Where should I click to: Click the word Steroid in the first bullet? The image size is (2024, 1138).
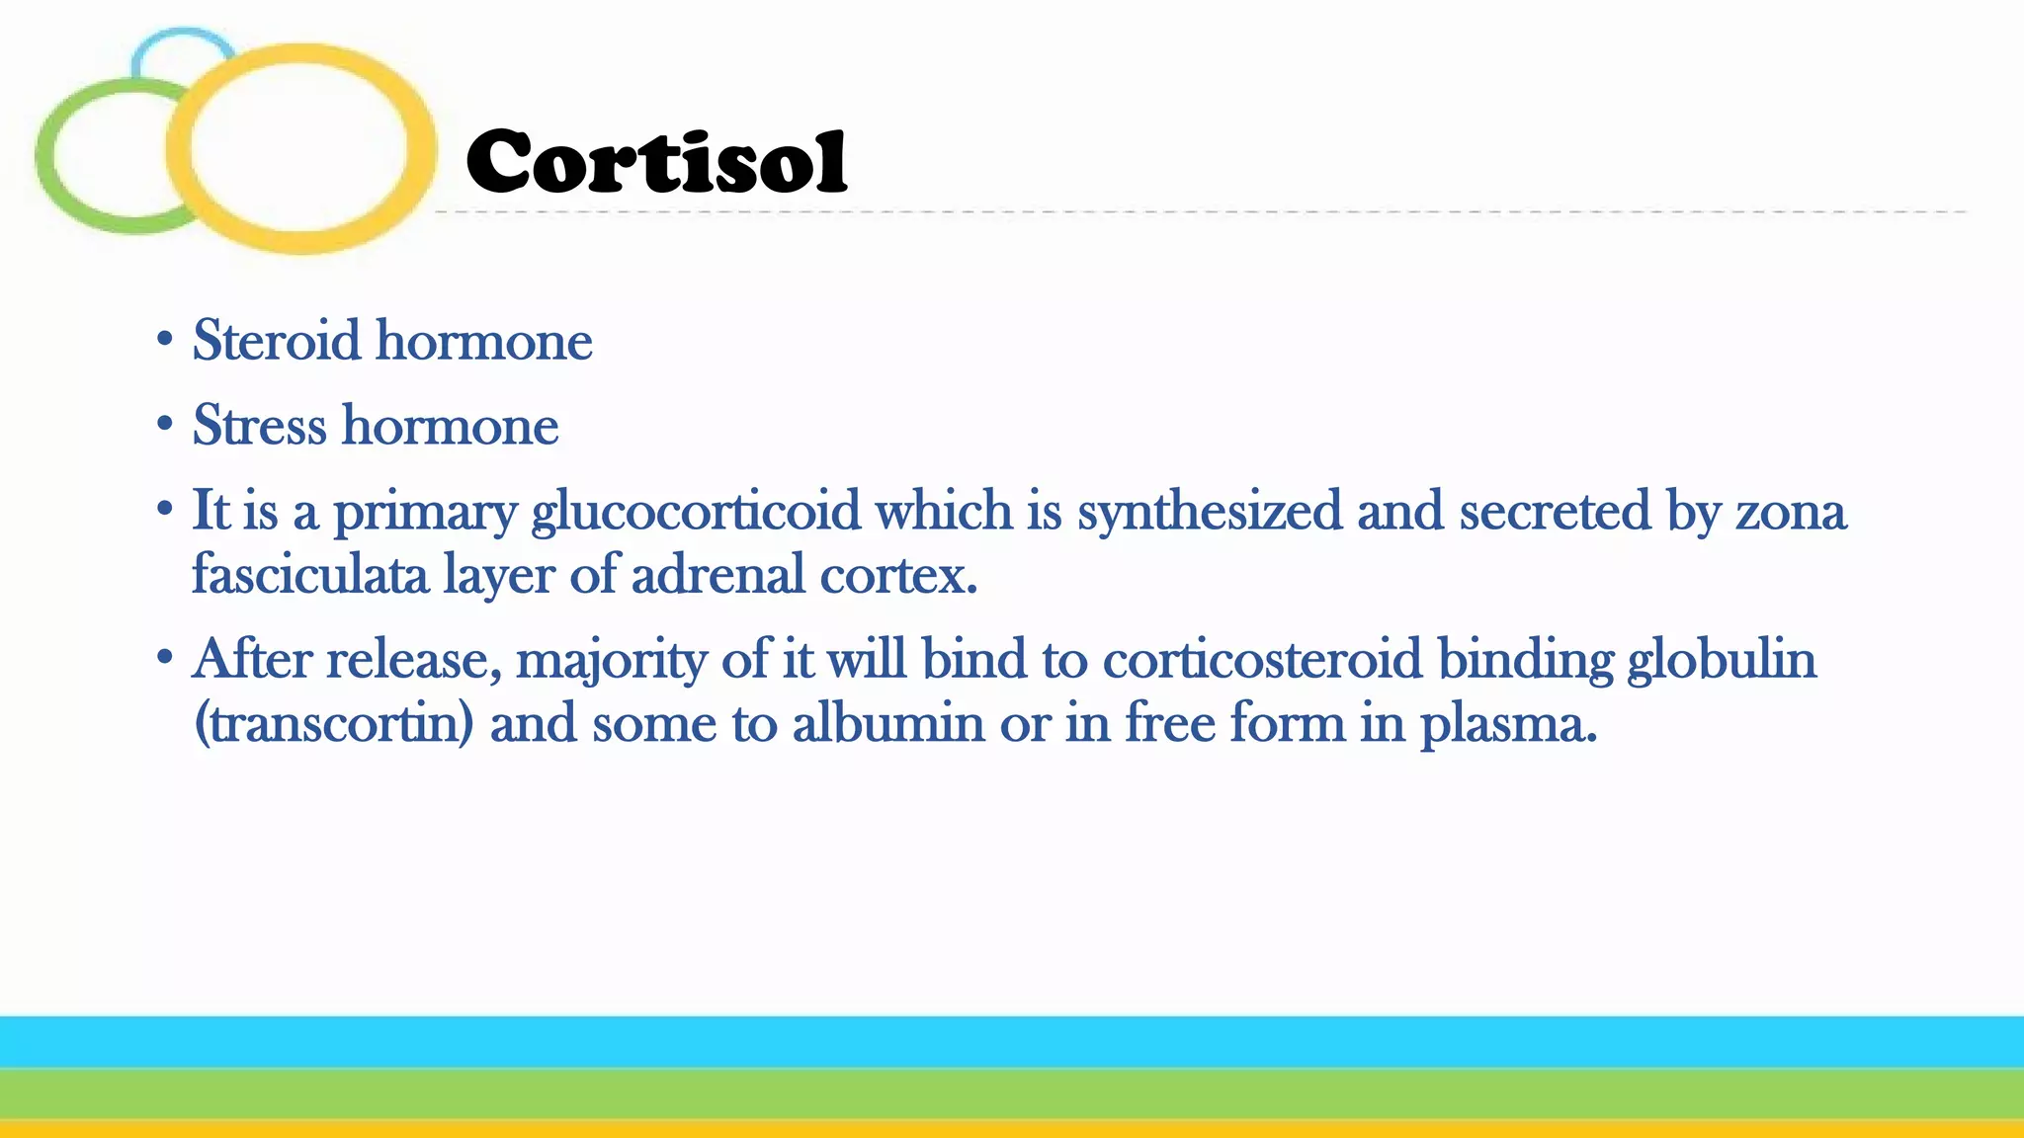[277, 341]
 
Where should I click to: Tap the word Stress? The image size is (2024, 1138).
[259, 426]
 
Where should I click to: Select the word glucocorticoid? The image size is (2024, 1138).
[696, 512]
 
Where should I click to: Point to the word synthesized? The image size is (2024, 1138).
[1210, 512]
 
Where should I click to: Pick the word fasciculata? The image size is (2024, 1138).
[309, 575]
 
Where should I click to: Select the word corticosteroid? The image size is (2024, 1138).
[1262, 659]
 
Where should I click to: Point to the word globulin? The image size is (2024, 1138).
[1722, 659]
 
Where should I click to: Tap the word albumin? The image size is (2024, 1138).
[887, 723]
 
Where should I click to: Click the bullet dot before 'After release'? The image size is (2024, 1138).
[165, 657]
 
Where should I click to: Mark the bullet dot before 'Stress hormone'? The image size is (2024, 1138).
[165, 425]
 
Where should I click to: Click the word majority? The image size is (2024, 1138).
[611, 660]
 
